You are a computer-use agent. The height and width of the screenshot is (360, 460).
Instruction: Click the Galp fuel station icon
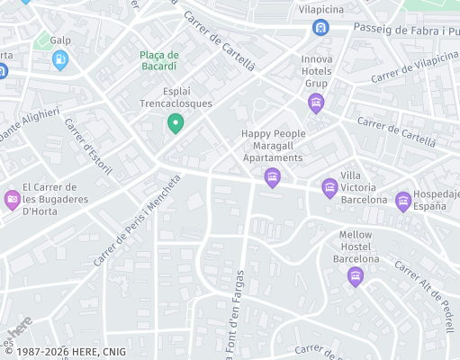pos(60,60)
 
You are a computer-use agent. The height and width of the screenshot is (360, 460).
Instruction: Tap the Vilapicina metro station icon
pos(321,28)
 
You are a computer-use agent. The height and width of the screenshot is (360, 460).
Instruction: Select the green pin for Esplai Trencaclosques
pos(176,123)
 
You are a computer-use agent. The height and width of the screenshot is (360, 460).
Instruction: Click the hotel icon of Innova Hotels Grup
pos(315,104)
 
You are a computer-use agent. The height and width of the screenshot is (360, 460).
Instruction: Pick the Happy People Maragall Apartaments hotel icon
pos(272,178)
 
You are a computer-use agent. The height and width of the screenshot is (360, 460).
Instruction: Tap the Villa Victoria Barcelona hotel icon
pos(330,187)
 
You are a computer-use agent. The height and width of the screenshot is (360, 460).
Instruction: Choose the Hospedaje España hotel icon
pos(403,200)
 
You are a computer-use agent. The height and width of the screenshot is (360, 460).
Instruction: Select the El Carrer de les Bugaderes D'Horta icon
pos(12,199)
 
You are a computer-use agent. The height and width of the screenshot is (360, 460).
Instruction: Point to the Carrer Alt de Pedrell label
pos(424,297)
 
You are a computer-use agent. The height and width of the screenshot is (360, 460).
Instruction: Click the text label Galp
pos(60,40)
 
